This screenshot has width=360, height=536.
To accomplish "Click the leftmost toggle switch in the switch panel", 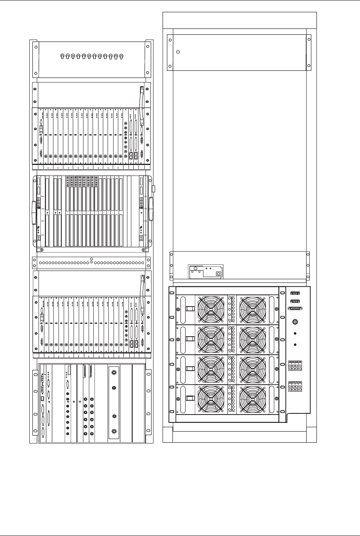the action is (x=63, y=56).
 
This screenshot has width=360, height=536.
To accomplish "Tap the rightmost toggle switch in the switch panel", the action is (x=121, y=56).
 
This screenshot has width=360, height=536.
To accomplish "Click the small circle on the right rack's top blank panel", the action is (x=178, y=52).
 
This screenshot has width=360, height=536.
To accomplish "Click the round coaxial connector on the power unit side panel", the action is (x=295, y=322).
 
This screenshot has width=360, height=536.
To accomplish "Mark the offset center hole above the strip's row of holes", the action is (x=91, y=259).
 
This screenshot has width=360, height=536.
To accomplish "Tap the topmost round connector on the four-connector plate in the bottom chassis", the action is (x=114, y=372).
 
